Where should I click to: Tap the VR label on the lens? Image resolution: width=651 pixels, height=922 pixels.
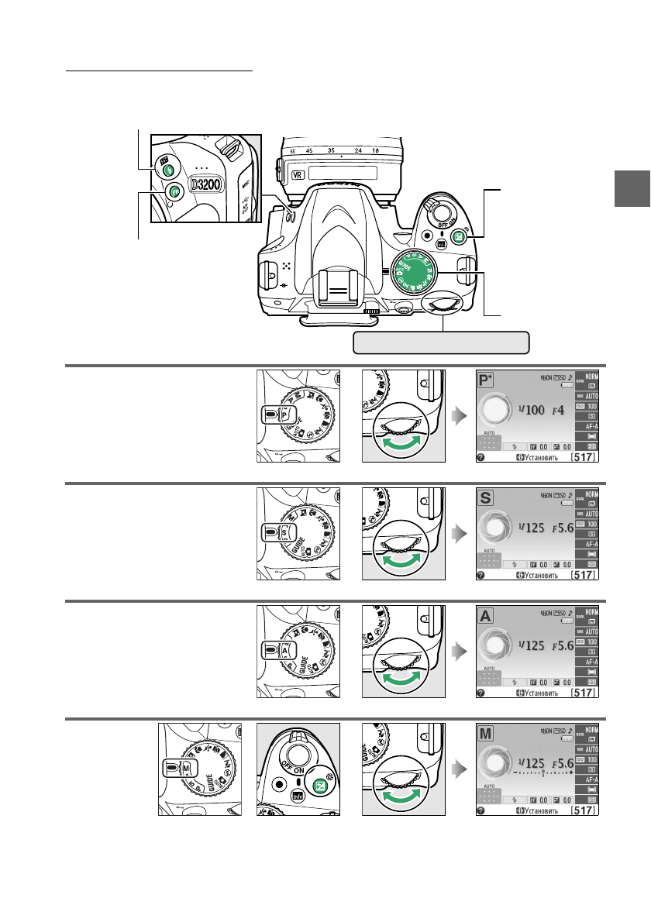pyautogui.click(x=295, y=175)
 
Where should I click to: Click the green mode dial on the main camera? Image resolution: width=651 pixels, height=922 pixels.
pyautogui.click(x=413, y=274)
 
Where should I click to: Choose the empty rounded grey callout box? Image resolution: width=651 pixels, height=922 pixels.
pyautogui.click(x=441, y=342)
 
